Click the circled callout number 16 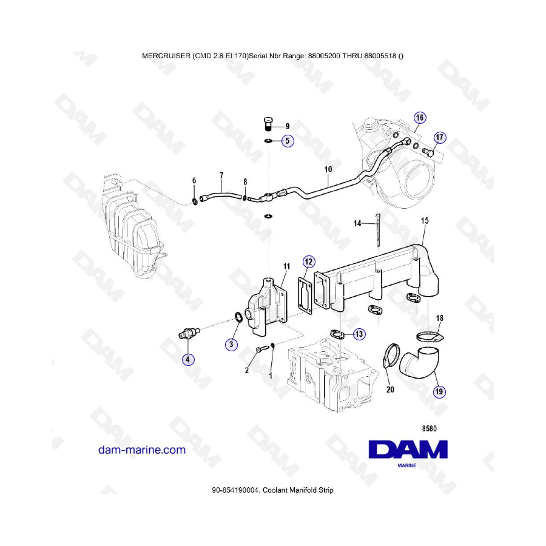tap(420, 118)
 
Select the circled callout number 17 tap(439, 138)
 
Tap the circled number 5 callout tap(288, 141)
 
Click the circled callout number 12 tap(309, 262)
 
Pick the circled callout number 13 tap(359, 334)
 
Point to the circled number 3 tap(231, 345)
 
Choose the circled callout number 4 tap(188, 359)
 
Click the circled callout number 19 tap(439, 392)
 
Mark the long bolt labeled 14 tap(378, 230)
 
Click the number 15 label tap(425, 221)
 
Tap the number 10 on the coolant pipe tap(328, 170)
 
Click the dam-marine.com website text tap(142, 450)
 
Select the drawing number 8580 tap(429, 429)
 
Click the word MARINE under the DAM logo tap(406, 465)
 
